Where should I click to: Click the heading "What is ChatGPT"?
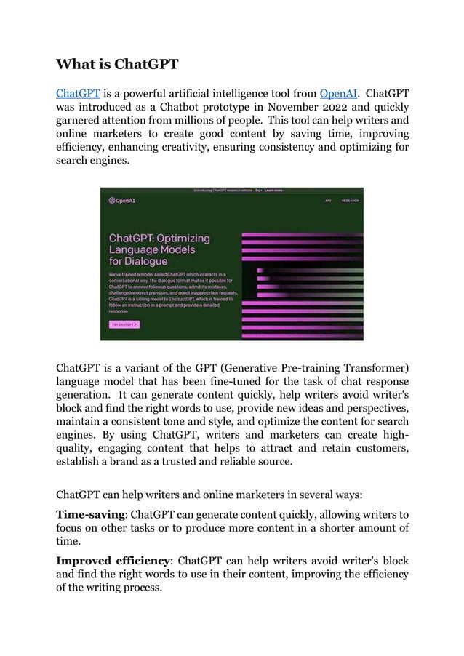(x=117, y=64)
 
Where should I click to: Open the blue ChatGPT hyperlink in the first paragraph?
(x=78, y=95)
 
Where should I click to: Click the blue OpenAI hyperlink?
(x=338, y=95)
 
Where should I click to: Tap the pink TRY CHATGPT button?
(x=124, y=324)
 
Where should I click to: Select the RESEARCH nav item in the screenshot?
(x=350, y=201)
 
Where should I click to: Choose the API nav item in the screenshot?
(x=328, y=201)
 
